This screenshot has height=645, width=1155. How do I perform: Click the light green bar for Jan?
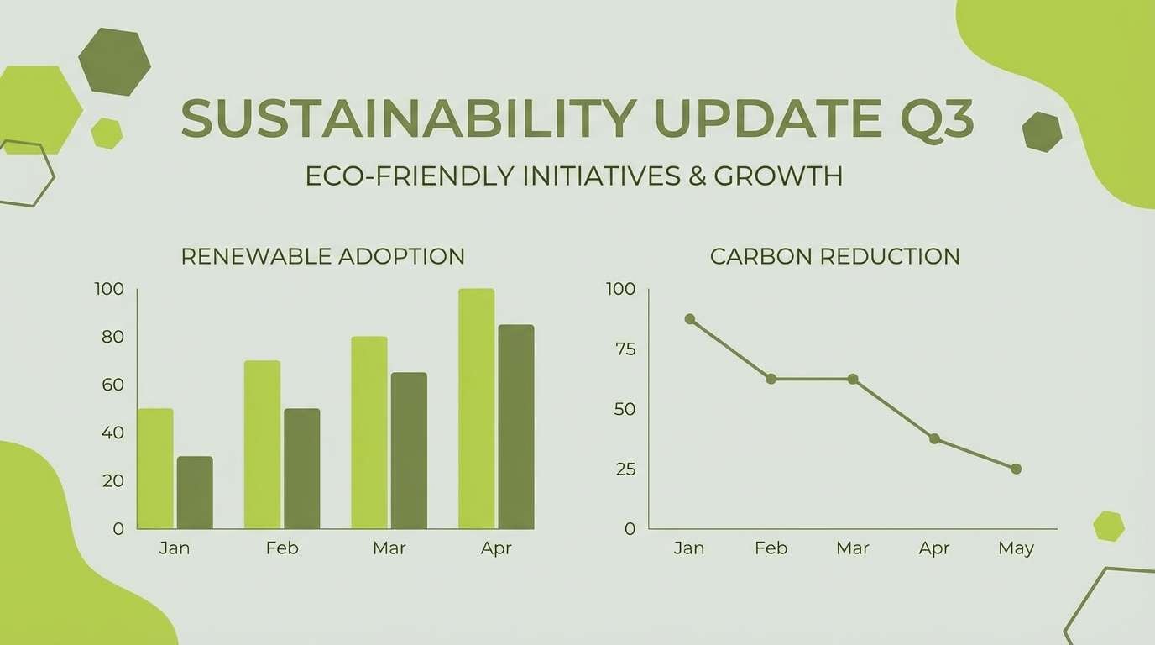[155, 469]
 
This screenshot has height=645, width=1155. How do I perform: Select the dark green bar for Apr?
[516, 427]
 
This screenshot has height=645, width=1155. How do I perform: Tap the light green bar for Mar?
[369, 433]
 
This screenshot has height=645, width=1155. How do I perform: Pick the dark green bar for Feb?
[301, 469]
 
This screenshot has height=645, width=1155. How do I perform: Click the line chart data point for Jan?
[690, 319]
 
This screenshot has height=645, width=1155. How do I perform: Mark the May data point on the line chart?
[1016, 469]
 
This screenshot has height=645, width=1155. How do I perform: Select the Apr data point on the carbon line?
[934, 438]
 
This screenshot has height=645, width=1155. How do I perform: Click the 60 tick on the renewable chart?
[112, 385]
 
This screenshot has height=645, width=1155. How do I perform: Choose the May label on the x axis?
[1016, 548]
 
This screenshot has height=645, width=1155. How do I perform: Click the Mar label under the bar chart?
[389, 548]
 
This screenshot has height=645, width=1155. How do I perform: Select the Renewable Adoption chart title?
[323, 256]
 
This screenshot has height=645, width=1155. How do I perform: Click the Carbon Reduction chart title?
[834, 256]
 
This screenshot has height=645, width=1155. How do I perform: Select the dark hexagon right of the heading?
[1042, 132]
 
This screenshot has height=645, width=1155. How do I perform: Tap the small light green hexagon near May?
[1109, 526]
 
